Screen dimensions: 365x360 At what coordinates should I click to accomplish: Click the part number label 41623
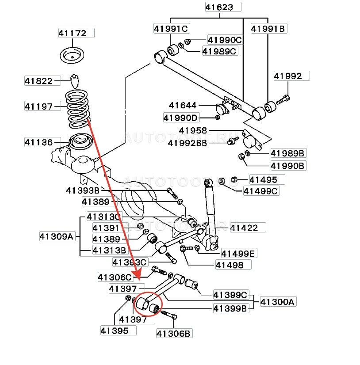[223, 7]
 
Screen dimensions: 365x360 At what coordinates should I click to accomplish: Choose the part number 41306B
[174, 334]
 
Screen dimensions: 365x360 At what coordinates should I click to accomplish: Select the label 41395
[114, 330]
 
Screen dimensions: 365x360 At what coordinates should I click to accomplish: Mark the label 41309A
[56, 236]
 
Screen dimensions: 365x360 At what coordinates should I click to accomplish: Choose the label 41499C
[260, 191]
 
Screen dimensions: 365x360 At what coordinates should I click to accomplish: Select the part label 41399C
[230, 294]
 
